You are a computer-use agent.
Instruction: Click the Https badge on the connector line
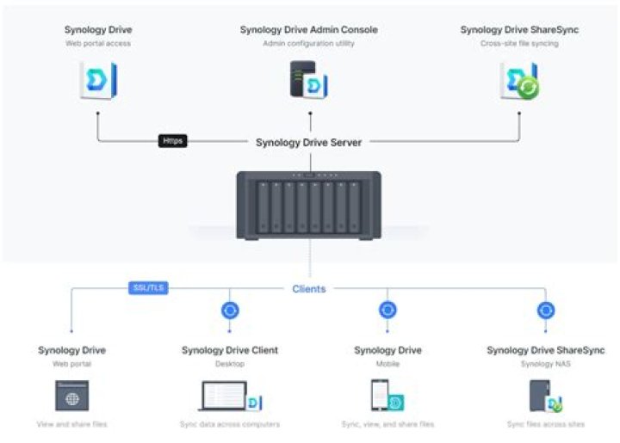coord(173,140)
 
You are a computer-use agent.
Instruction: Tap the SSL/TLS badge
coord(148,287)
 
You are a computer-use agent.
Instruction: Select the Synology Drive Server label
coord(308,142)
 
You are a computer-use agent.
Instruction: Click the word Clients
coord(309,289)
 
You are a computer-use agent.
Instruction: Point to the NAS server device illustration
coord(308,205)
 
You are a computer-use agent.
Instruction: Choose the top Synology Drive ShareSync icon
coord(519,80)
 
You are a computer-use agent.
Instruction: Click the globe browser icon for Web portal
coord(71,398)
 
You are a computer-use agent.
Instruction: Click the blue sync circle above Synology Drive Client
coord(230,311)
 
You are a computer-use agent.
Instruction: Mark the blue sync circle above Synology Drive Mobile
coord(387,311)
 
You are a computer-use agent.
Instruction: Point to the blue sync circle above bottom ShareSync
coord(545,311)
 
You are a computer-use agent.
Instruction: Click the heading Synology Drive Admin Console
coord(308,30)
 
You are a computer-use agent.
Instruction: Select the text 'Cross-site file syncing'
coord(518,43)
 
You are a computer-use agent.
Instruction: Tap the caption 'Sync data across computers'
coord(230,425)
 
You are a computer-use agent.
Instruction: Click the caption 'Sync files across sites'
coord(545,425)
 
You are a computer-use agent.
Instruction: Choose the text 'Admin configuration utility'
coord(308,43)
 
